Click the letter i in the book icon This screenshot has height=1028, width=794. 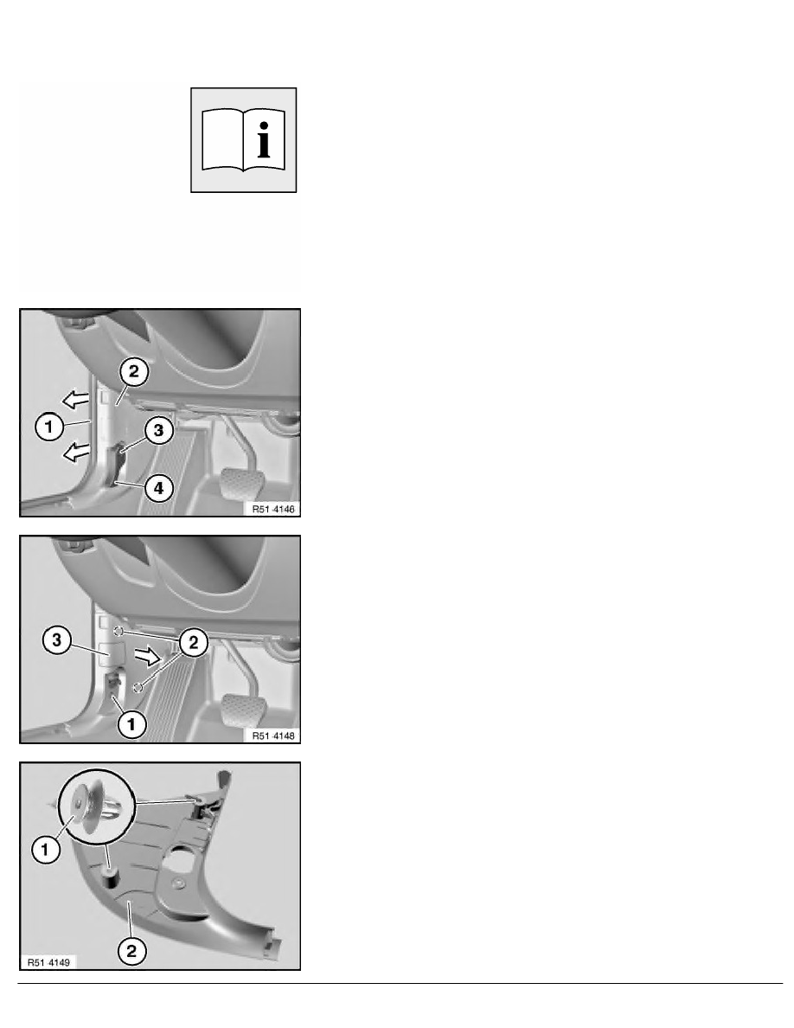click(x=264, y=139)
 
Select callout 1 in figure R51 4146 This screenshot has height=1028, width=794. click(x=48, y=427)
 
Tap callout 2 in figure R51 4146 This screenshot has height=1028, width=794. click(x=134, y=372)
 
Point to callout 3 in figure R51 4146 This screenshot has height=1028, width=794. click(x=158, y=431)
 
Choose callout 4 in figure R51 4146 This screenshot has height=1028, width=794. click(x=158, y=488)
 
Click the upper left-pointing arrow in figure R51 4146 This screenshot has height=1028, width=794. click(x=75, y=399)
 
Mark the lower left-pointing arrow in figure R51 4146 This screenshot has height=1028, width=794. click(x=75, y=451)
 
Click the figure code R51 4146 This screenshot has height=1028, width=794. click(x=273, y=509)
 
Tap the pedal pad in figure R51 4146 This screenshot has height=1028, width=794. click(x=243, y=483)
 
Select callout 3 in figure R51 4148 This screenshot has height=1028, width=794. click(x=56, y=639)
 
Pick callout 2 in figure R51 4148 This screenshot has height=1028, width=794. click(x=193, y=643)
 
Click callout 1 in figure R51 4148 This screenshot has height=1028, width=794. click(x=131, y=724)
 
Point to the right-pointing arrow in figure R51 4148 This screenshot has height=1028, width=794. click(x=147, y=655)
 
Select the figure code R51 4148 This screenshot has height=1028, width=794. click(x=273, y=736)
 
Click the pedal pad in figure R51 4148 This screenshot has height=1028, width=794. click(x=243, y=710)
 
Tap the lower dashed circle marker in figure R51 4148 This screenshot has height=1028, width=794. click(x=138, y=687)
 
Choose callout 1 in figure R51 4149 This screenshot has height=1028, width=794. click(x=45, y=851)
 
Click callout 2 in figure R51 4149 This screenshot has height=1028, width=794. click(x=131, y=951)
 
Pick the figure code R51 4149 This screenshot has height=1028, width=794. click(x=49, y=962)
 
